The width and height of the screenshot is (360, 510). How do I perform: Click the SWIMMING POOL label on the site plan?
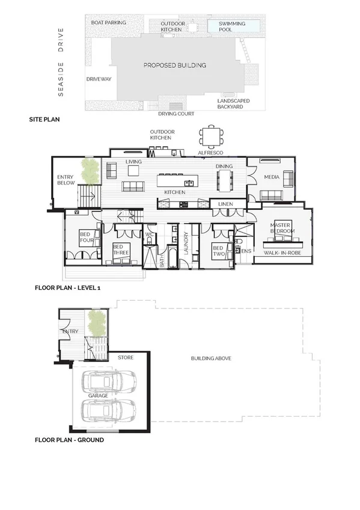231,26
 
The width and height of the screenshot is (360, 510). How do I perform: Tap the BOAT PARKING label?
108,23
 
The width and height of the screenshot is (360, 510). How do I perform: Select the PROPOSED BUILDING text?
174,65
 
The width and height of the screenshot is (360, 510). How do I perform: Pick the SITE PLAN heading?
44,120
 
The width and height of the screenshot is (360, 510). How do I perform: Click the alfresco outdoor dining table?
210,136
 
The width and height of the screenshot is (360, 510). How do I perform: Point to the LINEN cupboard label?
226,204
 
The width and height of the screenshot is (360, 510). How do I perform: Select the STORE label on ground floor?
125,357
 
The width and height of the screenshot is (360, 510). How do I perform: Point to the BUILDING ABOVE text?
211,358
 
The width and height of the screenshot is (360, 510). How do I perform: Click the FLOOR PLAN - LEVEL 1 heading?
67,289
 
